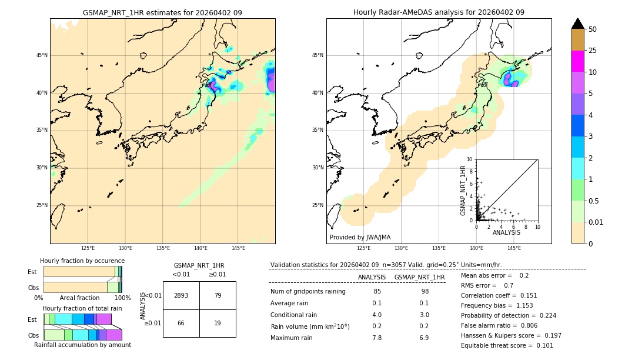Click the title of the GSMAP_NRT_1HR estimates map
pyautogui.click(x=162, y=12)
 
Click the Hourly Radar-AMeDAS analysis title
pyautogui.click(x=439, y=12)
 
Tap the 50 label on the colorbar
pyautogui.click(x=593, y=29)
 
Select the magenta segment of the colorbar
pyautogui.click(x=577, y=61)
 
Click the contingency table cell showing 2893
pyautogui.click(x=181, y=295)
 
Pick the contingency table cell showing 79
pyautogui.click(x=218, y=295)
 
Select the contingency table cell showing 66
pyautogui.click(x=181, y=323)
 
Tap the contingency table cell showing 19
pyautogui.click(x=218, y=323)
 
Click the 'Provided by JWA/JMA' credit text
pyautogui.click(x=360, y=238)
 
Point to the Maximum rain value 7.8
pyautogui.click(x=377, y=338)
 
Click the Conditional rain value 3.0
pyautogui.click(x=424, y=315)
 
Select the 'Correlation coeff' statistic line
pyautogui.click(x=499, y=295)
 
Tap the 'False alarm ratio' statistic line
pyautogui.click(x=499, y=325)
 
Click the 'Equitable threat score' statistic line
pyautogui.click(x=507, y=345)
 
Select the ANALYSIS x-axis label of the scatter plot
pyautogui.click(x=506, y=232)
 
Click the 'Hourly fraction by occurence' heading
pyautogui.click(x=82, y=261)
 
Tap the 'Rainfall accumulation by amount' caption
pyautogui.click(x=82, y=345)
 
